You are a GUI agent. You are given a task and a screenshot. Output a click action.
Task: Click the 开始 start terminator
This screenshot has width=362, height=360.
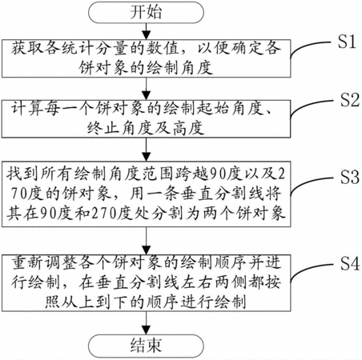146,12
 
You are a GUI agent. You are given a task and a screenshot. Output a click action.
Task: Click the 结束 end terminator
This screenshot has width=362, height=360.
146,346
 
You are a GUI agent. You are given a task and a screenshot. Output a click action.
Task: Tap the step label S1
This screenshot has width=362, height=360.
347,42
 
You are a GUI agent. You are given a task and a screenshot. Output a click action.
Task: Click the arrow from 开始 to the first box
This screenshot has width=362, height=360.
146,31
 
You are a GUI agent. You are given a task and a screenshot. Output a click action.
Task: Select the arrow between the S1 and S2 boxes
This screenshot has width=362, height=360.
146,89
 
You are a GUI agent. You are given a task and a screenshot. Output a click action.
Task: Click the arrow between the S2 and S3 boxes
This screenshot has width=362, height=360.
146,150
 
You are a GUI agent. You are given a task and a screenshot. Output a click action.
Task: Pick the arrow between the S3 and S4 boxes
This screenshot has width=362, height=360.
146,241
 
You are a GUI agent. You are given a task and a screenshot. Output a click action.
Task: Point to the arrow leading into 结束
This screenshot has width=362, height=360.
146,323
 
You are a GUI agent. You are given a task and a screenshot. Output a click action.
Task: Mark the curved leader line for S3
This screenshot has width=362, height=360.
310,182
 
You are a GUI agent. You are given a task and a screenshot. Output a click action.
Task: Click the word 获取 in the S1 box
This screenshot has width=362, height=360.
26,49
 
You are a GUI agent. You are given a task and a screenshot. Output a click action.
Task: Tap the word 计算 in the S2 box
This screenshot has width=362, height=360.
26,109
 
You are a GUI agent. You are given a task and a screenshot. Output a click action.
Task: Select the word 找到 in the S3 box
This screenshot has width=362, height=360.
22,174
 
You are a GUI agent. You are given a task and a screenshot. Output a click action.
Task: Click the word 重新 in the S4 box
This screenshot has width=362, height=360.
26,262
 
